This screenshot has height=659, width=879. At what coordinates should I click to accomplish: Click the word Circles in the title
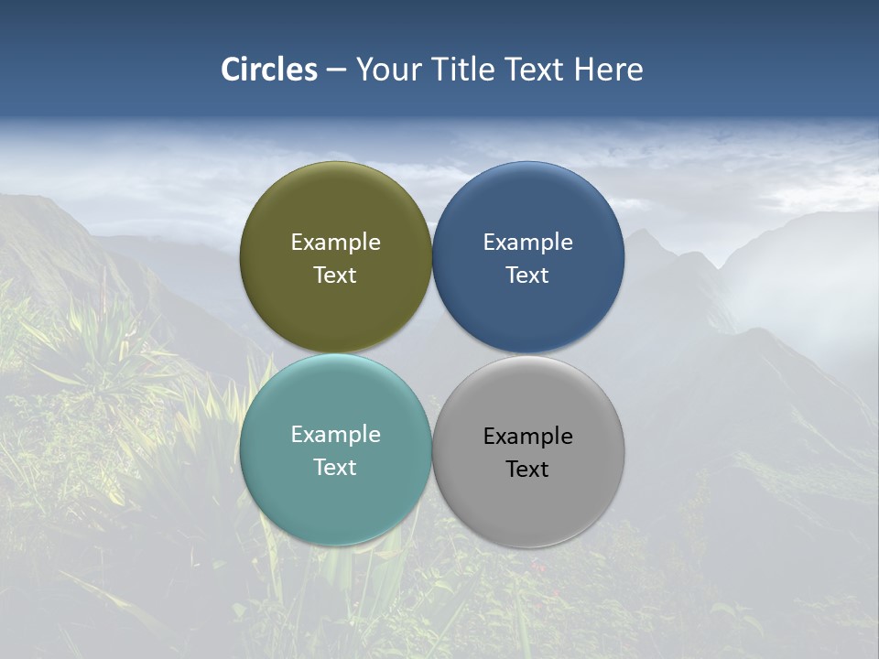pyautogui.click(x=269, y=70)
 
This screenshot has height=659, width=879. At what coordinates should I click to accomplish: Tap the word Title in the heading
pyautogui.click(x=464, y=70)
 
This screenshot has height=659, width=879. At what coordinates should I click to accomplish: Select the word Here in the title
pyautogui.click(x=608, y=70)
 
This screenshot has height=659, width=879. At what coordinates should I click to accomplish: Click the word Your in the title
pyautogui.click(x=387, y=70)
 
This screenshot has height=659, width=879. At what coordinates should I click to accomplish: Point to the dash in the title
pyautogui.click(x=336, y=70)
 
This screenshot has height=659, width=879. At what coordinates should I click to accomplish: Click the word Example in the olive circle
pyautogui.click(x=335, y=242)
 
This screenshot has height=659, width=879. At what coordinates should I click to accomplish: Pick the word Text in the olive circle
pyautogui.click(x=335, y=275)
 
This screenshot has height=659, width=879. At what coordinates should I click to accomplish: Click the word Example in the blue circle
pyautogui.click(x=527, y=242)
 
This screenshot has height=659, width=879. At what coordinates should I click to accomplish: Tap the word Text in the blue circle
pyautogui.click(x=527, y=275)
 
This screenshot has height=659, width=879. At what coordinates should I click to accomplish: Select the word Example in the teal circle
pyautogui.click(x=335, y=434)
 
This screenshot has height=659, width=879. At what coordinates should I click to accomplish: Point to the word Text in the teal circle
pyautogui.click(x=335, y=467)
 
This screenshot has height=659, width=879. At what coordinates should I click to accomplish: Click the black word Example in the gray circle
pyautogui.click(x=527, y=436)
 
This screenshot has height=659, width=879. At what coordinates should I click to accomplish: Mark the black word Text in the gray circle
pyautogui.click(x=527, y=469)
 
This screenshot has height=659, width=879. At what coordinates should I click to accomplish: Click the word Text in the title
pyautogui.click(x=536, y=70)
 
